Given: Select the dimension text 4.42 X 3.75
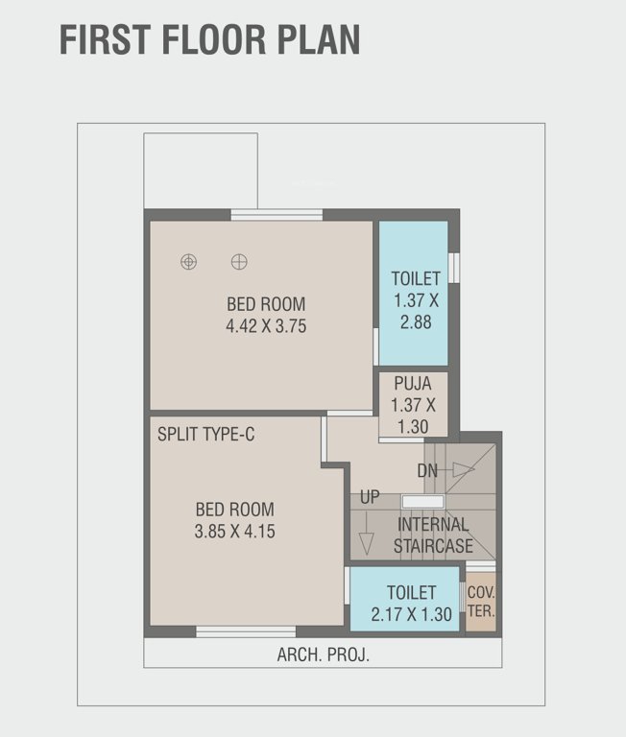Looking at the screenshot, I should (x=266, y=326).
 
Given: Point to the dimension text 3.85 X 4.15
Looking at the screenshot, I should (x=235, y=531).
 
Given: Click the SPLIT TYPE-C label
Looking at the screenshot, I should (x=206, y=435).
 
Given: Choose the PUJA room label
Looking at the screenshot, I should (x=413, y=384).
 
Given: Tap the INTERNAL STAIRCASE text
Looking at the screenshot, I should (x=433, y=535).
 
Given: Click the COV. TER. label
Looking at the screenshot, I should (x=481, y=601).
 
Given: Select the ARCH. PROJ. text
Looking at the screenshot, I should (x=323, y=655).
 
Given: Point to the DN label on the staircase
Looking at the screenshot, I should (x=428, y=471).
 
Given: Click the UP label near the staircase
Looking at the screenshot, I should (x=370, y=497).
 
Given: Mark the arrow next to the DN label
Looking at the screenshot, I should (x=463, y=469).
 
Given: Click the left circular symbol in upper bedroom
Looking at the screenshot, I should (x=189, y=261).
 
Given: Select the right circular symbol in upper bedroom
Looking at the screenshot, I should (x=239, y=261).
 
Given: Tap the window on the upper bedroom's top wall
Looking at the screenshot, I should (x=277, y=215).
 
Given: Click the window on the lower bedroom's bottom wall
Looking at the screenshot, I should (x=246, y=631).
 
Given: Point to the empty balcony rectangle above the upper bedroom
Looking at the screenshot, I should (x=201, y=171).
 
